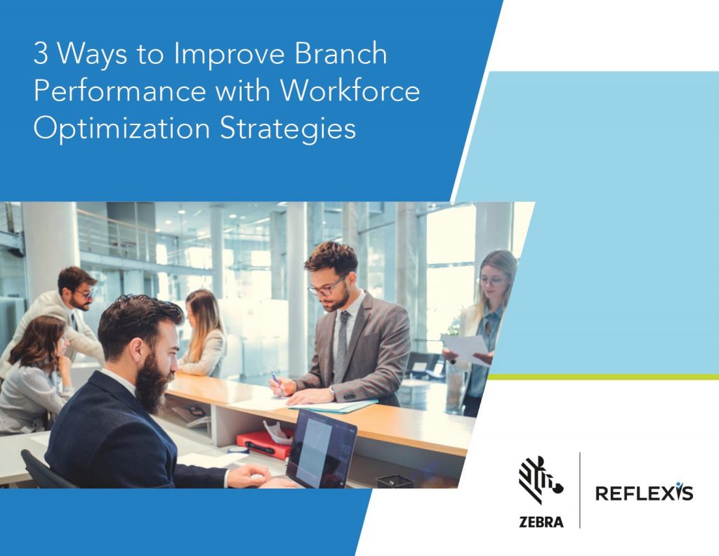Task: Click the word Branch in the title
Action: click(345, 55)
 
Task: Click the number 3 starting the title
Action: click(40, 55)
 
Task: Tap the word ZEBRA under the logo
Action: click(539, 522)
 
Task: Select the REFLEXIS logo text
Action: click(644, 493)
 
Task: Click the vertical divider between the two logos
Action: click(580, 490)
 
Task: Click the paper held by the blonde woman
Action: click(465, 349)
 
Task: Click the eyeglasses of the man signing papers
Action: click(326, 287)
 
